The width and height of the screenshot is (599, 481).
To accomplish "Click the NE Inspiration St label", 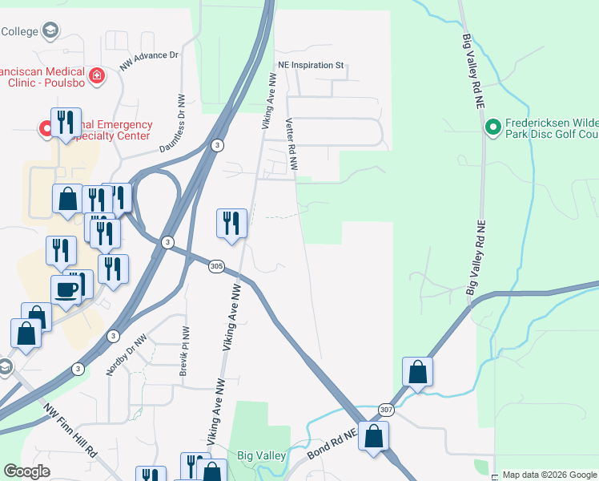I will (x=310, y=65).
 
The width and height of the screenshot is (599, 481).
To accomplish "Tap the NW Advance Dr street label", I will (x=149, y=61).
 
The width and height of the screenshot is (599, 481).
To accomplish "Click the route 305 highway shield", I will (x=216, y=266).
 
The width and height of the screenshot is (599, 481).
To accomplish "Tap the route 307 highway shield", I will (x=387, y=408).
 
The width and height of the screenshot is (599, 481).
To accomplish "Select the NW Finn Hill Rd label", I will (x=71, y=430).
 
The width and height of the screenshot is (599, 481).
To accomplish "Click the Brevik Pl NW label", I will (x=185, y=353).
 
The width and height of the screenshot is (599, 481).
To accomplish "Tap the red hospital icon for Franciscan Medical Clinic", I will (x=97, y=76).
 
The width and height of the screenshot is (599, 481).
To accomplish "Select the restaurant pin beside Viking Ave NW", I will (x=231, y=224).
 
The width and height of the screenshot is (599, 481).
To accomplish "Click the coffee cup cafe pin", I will (x=66, y=290).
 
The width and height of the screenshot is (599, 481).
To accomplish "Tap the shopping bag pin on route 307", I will (x=417, y=371).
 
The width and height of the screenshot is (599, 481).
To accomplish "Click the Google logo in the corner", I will (x=27, y=471).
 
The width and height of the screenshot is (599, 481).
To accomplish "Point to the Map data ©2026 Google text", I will (x=549, y=475).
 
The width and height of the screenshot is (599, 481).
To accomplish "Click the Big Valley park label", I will (x=262, y=455).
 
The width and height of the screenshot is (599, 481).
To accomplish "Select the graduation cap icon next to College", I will (x=50, y=31).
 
